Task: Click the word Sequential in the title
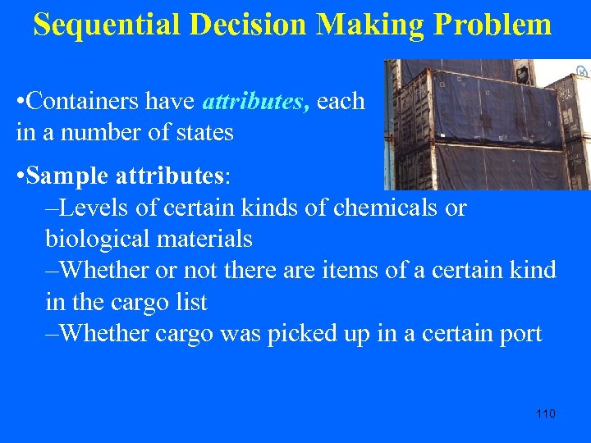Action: pos(108,25)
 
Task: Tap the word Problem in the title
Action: pos(492,25)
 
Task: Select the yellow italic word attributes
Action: pos(254,102)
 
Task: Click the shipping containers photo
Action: pos(487,125)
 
